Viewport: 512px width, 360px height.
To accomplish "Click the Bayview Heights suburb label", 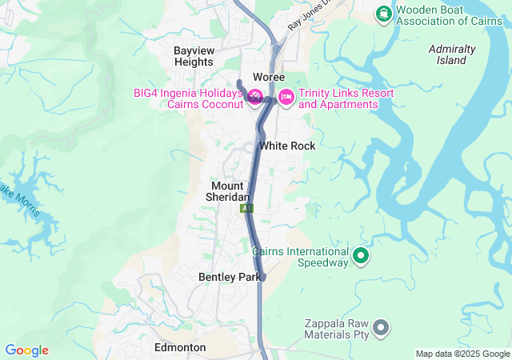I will coord(194,55).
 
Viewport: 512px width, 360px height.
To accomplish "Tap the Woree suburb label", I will coord(269,77).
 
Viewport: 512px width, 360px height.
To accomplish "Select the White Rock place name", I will coord(287,146).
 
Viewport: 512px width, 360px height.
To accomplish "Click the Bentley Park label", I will coord(230,277).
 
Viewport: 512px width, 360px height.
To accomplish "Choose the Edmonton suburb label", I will coord(180,348).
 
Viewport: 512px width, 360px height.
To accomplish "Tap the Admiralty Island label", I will coord(452,54).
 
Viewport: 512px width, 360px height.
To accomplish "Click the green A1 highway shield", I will coord(246,208).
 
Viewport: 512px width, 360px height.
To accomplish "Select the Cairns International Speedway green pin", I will coord(361,256).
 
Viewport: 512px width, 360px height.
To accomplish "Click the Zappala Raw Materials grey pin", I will coord(382,326).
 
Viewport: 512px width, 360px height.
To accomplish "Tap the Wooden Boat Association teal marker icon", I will coord(383,13).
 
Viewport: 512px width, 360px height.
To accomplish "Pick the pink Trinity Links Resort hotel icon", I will coord(286,98).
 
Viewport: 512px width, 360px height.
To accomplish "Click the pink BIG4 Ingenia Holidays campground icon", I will coord(255,98).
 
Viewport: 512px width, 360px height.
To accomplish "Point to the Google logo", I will coord(26,350).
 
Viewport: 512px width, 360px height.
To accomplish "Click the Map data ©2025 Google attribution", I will coord(462,354).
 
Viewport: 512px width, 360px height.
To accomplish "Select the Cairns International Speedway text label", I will coord(301,256).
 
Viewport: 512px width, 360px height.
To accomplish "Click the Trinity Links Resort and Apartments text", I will coord(346,99).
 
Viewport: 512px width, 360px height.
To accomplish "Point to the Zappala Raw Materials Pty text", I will coord(335,330).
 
